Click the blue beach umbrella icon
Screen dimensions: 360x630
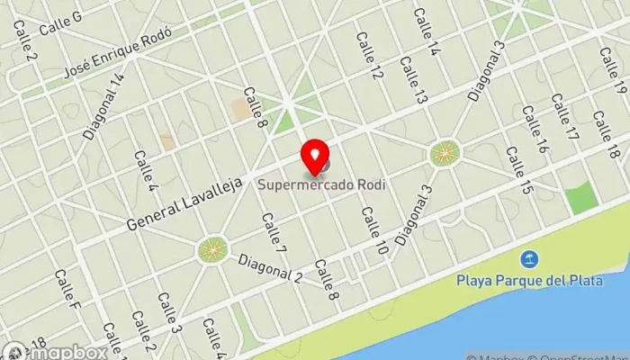531,260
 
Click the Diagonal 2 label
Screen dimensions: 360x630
270,264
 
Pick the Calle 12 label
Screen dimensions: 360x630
369,55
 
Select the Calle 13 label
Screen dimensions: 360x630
413,80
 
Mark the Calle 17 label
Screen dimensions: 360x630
564,119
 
